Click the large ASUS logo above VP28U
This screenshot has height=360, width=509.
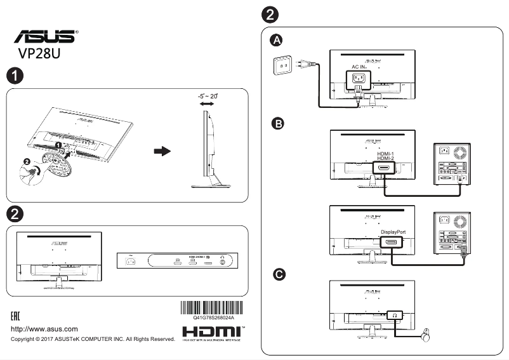point(43,37)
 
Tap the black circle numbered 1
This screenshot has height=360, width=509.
point(13,76)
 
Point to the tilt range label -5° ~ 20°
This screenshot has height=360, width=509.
point(207,95)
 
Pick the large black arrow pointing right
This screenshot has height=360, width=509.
point(162,152)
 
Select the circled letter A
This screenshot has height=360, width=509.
point(277,40)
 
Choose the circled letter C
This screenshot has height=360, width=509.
point(277,274)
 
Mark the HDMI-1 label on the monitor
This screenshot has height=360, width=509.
point(386,154)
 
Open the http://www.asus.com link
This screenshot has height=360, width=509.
point(45,329)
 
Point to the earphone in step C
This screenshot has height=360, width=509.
point(428,333)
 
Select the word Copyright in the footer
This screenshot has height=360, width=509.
point(25,340)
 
